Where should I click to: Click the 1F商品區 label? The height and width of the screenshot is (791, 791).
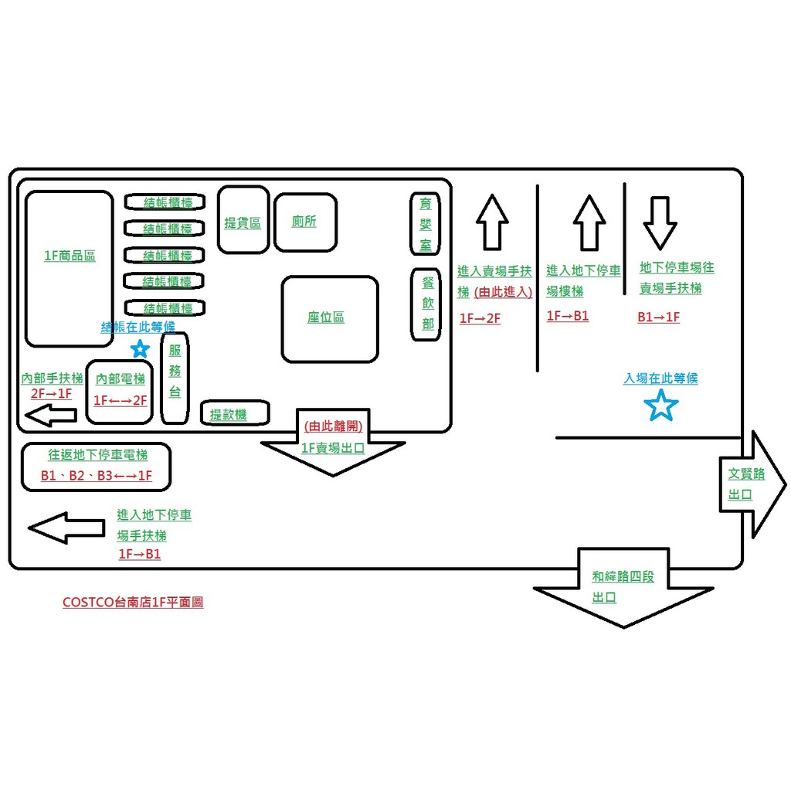(70, 256)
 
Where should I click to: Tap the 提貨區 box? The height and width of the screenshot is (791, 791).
(243, 219)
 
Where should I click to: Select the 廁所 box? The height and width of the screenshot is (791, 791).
(304, 219)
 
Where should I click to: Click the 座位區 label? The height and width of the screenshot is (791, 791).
(330, 318)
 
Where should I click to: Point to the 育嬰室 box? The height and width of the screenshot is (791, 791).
(425, 223)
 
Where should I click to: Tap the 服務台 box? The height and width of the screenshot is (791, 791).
(175, 379)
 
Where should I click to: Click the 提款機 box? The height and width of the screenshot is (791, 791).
(235, 413)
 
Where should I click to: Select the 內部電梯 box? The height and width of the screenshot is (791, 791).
(120, 392)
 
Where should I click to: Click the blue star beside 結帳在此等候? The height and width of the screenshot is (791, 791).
(140, 349)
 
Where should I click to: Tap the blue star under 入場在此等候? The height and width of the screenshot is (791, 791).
(661, 406)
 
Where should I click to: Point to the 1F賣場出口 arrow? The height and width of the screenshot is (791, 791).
(333, 444)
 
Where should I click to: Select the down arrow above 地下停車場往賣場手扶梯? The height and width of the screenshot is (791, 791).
(660, 222)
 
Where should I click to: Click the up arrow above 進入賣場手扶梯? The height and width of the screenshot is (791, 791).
(492, 222)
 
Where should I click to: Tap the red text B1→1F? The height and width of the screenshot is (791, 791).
(658, 317)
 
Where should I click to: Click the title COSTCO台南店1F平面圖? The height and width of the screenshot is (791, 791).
(133, 603)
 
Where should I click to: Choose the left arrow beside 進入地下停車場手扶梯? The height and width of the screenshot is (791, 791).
(66, 528)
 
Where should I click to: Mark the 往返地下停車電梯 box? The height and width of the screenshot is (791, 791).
(97, 466)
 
